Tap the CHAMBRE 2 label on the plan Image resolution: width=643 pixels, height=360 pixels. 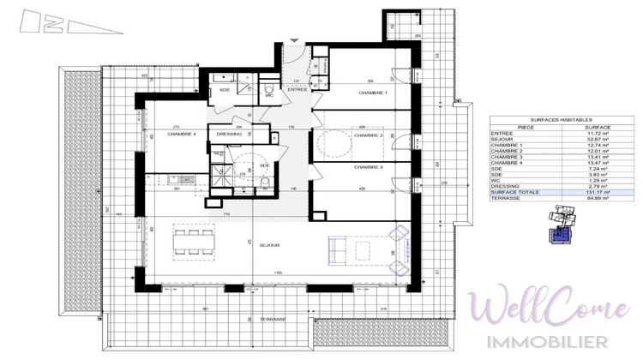[368, 135]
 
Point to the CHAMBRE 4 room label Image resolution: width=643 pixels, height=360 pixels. [182, 134]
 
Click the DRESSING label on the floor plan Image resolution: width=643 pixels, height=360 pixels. [229, 134]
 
